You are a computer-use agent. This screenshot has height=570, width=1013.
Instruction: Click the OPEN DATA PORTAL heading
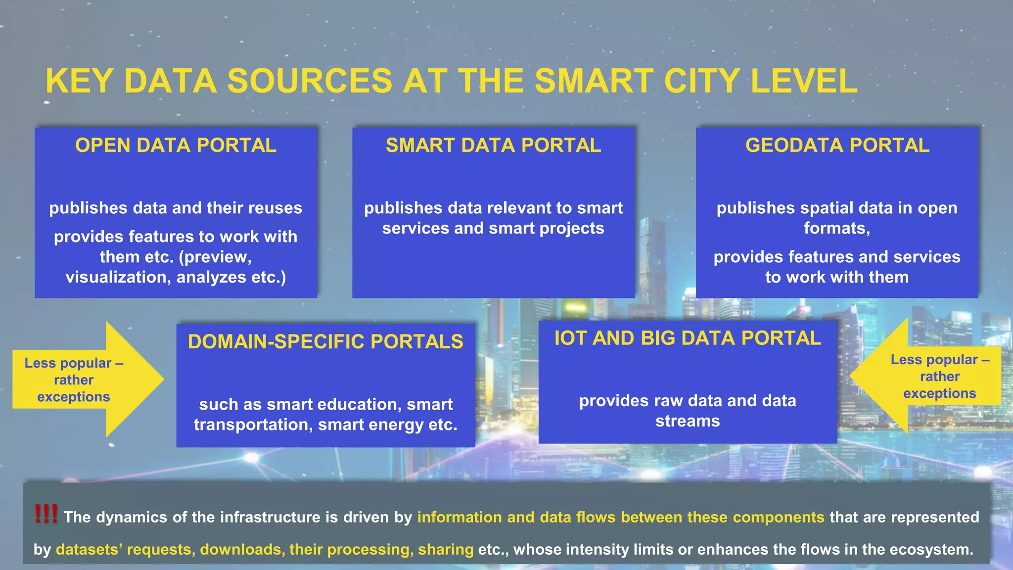(176, 145)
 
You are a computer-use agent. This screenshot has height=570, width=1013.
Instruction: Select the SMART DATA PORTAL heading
(493, 145)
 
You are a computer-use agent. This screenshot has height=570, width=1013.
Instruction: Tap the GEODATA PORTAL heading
(837, 145)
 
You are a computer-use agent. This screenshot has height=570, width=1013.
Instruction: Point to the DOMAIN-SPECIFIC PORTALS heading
(325, 342)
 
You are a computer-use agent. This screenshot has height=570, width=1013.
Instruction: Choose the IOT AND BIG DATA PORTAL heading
(688, 338)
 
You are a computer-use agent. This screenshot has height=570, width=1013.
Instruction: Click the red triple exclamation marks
(46, 514)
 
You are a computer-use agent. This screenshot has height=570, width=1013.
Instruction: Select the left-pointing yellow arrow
(925, 376)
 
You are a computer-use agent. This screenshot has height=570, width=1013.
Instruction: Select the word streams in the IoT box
(688, 421)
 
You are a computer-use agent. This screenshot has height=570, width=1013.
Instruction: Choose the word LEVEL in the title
(804, 81)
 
